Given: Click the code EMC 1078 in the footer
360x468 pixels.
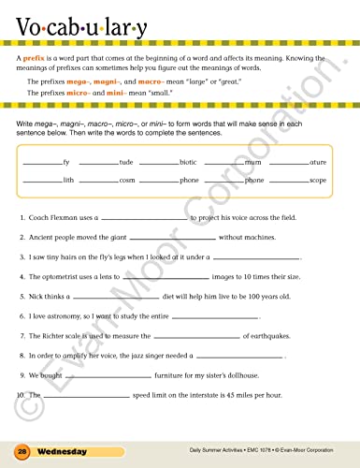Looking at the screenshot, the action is tap(266, 451).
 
